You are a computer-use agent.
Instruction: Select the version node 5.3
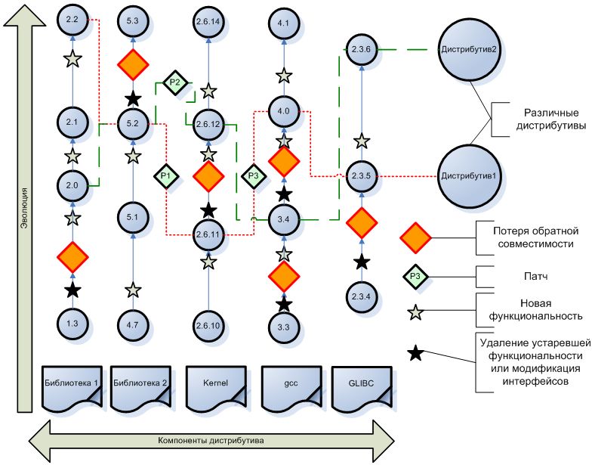[x=133, y=23]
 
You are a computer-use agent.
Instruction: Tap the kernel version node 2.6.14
[x=208, y=23]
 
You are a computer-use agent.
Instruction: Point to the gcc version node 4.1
[x=284, y=24]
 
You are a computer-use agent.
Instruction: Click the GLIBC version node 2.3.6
[x=361, y=50]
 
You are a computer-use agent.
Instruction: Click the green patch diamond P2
[x=174, y=82]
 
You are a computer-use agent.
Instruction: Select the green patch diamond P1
[x=166, y=175]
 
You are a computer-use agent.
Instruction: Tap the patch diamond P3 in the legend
[x=415, y=275]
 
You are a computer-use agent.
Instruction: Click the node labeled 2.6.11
[x=208, y=234]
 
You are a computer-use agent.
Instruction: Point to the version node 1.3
[x=72, y=323]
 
